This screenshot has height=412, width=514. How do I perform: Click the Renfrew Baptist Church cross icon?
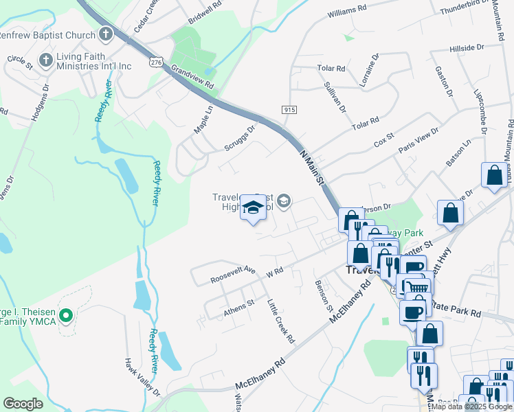tap(105, 33)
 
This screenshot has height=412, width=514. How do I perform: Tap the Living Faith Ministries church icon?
tap(46, 60)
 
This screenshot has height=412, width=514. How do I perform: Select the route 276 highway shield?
tap(155, 62)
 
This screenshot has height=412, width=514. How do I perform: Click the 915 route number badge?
tap(289, 110)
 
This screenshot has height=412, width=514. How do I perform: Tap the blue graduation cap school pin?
tap(253, 209)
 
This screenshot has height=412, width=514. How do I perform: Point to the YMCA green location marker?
tap(66, 316)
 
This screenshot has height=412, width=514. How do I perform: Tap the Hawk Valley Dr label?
tap(142, 377)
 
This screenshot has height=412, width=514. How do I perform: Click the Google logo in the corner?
tap(23, 403)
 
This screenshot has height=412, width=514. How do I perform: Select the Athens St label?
tap(239, 307)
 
